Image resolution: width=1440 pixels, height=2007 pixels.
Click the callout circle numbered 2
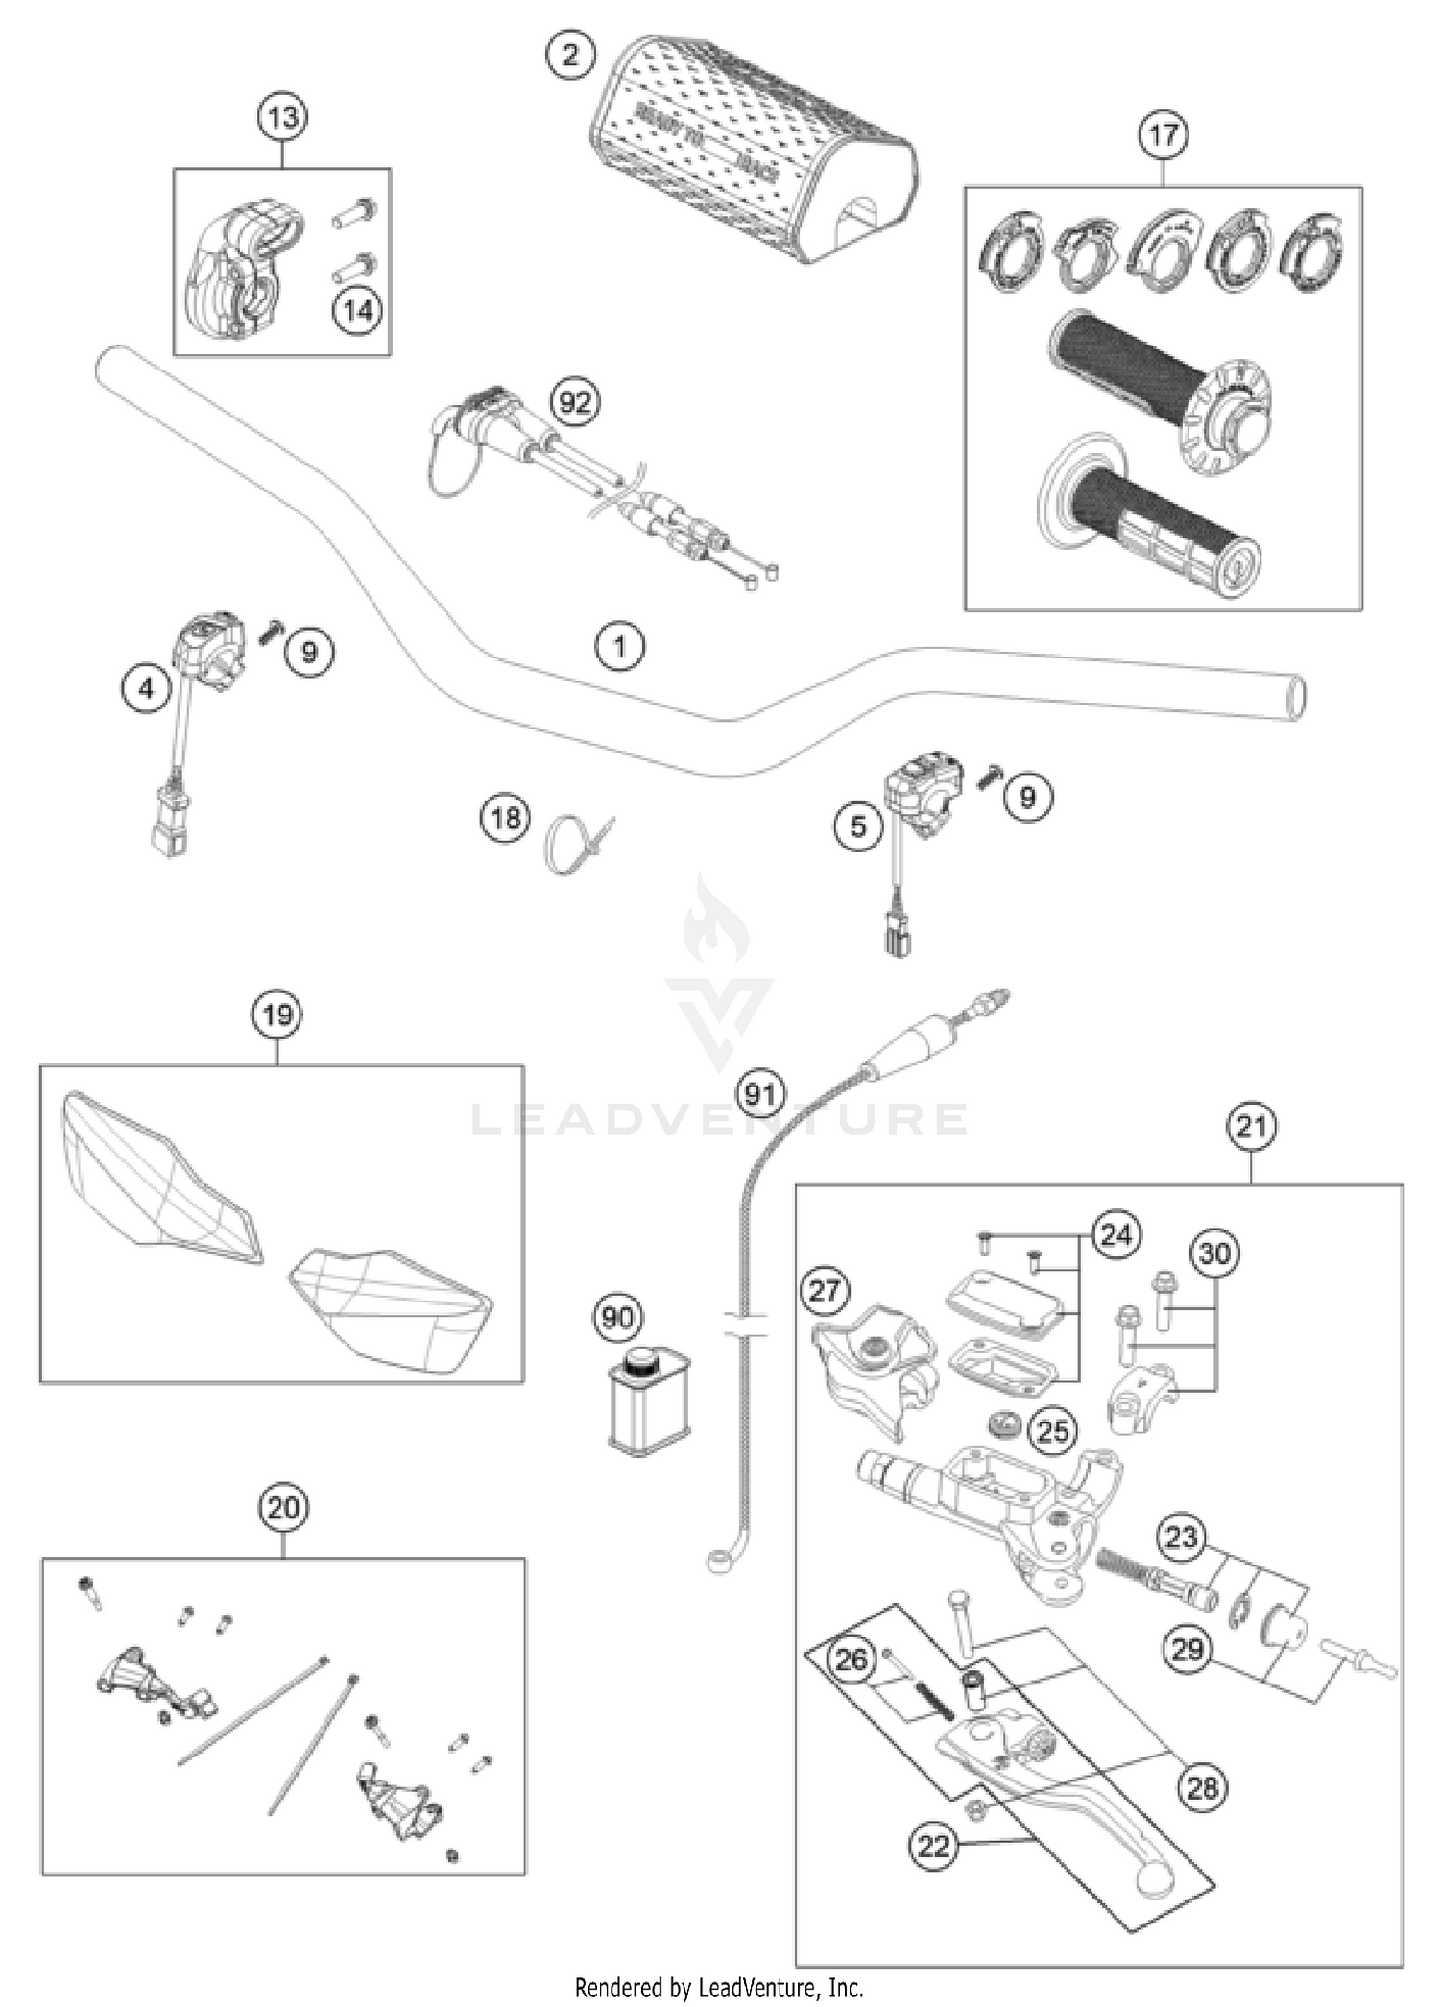(570, 56)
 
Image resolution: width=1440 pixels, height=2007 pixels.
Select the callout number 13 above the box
(283, 118)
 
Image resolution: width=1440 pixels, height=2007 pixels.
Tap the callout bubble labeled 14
(357, 310)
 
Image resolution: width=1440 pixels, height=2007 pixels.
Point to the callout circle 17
(1163, 135)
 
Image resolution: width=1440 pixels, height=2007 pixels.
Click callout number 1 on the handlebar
(620, 646)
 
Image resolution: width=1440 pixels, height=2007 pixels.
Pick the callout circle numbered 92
(575, 402)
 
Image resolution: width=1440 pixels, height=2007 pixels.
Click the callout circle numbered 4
(146, 688)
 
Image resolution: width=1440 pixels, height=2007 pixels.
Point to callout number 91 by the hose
(760, 1094)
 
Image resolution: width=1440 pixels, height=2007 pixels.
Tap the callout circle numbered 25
(1053, 1431)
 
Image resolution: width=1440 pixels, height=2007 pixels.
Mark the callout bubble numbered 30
(1214, 1254)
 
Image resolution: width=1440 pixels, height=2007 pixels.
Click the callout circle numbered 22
(934, 1845)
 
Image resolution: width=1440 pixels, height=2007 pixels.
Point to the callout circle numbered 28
(1201, 1786)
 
